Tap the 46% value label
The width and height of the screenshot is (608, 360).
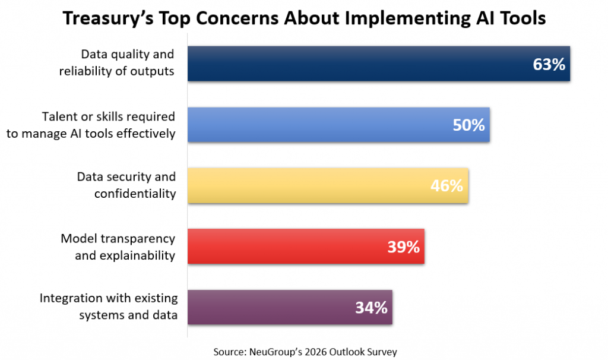[446, 187]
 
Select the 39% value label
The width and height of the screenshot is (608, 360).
[404, 247]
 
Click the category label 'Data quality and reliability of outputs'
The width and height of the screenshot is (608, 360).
[128, 63]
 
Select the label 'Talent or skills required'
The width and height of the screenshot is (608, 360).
[109, 116]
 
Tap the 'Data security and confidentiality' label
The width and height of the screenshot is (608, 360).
[126, 185]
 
